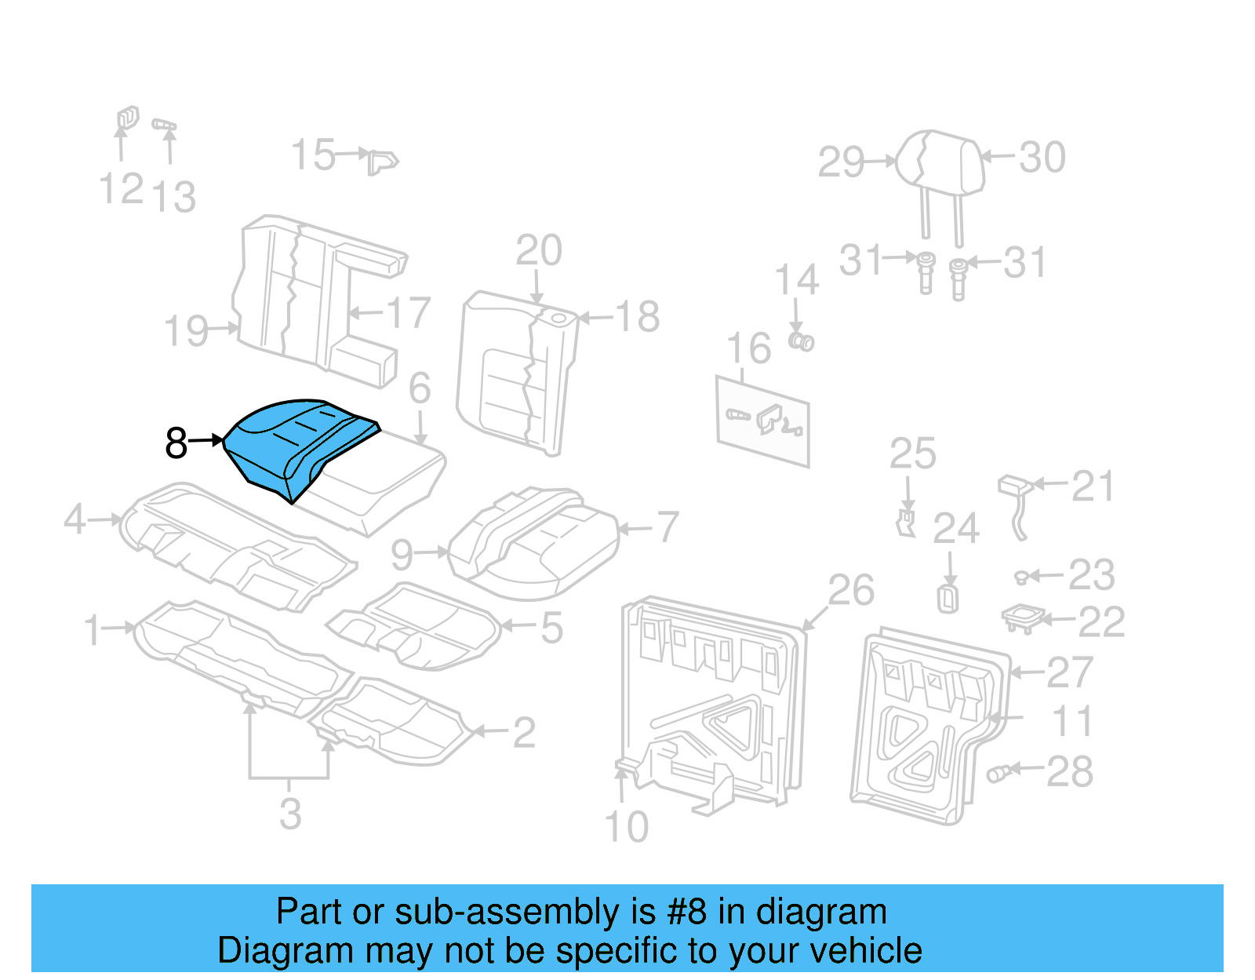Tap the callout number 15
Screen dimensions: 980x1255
[x=313, y=155]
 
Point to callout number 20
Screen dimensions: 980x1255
[x=539, y=251]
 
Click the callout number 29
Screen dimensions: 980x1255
[x=841, y=162]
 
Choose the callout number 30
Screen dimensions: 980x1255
[x=1042, y=157]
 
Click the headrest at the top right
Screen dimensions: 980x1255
[x=940, y=162]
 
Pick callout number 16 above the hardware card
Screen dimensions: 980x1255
[x=749, y=348]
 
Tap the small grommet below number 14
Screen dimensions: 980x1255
[x=802, y=341]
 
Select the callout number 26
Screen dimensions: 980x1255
[x=851, y=590]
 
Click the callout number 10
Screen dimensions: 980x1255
[x=627, y=827]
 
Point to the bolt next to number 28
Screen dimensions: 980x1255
[x=998, y=774]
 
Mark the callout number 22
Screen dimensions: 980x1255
[x=1101, y=622]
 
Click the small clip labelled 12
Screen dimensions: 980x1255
[x=127, y=118]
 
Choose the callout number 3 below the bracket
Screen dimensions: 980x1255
[x=290, y=814]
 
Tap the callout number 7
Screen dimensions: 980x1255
[x=668, y=526]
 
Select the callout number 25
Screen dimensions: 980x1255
[x=912, y=454]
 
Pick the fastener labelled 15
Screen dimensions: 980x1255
[x=382, y=162]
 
